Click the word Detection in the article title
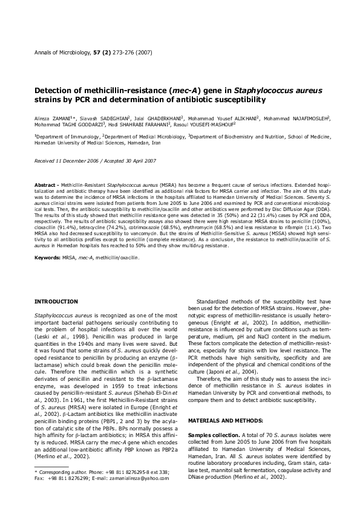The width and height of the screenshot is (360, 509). tap(55, 90)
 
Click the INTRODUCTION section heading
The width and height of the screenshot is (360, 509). tap(56, 300)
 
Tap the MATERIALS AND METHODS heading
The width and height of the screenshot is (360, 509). tap(223, 402)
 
